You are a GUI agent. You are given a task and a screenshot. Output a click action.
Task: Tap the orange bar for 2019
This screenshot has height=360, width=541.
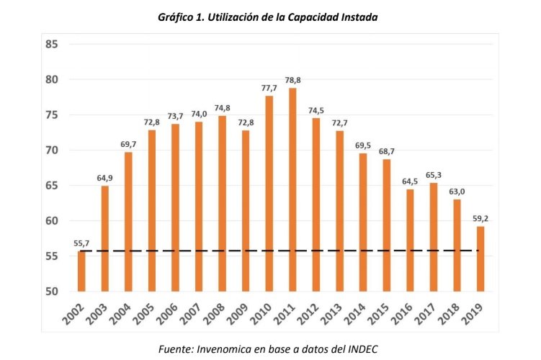[x=480, y=258]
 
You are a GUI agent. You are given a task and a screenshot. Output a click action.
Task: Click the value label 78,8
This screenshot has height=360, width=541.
[x=292, y=80]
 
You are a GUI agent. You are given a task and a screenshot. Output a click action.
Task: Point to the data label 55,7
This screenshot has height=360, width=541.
[x=81, y=243]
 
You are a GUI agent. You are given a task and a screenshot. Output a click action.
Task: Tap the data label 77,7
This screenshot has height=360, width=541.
[x=269, y=88]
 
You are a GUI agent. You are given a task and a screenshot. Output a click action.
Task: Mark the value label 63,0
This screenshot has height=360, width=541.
[x=457, y=192]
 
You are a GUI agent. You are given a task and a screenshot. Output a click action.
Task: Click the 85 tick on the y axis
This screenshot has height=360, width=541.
[x=51, y=45]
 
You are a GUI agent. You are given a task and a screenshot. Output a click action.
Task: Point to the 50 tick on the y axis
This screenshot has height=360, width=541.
[x=51, y=292]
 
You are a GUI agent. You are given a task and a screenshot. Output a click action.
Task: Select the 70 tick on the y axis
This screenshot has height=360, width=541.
[x=51, y=150]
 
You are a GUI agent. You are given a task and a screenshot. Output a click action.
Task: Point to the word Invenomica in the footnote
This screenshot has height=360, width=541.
[x=225, y=348]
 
